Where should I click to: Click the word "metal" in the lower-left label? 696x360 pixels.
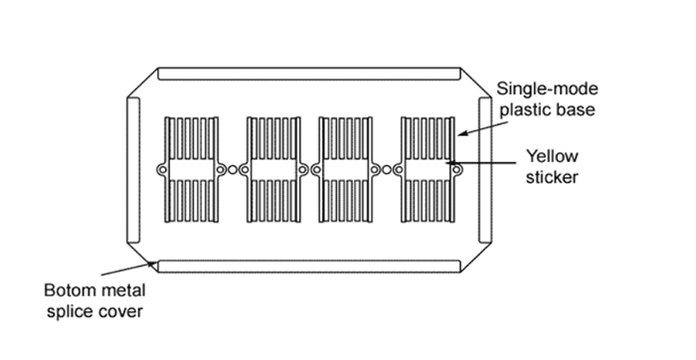click(118, 291)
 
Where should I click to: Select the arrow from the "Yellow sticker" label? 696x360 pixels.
click(487, 162)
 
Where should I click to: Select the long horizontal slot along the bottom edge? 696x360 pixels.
click(309, 266)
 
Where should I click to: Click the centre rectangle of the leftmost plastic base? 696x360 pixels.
click(190, 170)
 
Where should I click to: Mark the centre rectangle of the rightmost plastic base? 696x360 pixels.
click(428, 170)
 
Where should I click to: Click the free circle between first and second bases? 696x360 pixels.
click(232, 170)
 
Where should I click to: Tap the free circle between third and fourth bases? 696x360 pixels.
click(387, 170)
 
